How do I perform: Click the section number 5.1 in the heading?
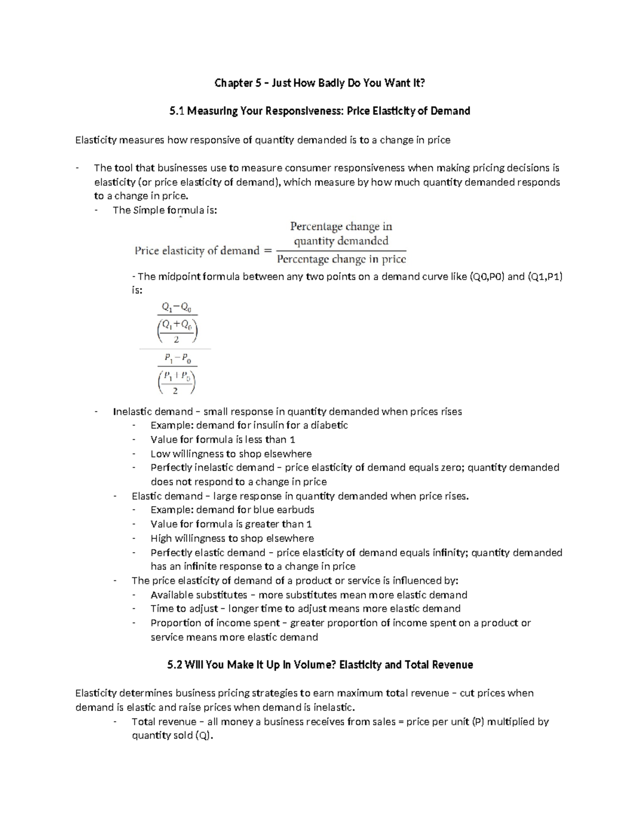tap(176, 111)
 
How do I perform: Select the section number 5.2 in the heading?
tap(176, 665)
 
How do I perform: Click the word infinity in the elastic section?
tap(451, 553)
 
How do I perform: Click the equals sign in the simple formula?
tap(268, 251)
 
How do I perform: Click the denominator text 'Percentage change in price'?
tap(341, 260)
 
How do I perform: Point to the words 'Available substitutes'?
tap(199, 595)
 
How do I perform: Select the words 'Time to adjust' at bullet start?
tap(184, 609)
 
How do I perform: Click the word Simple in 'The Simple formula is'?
tap(148, 210)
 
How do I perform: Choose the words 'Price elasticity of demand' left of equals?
tap(197, 251)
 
